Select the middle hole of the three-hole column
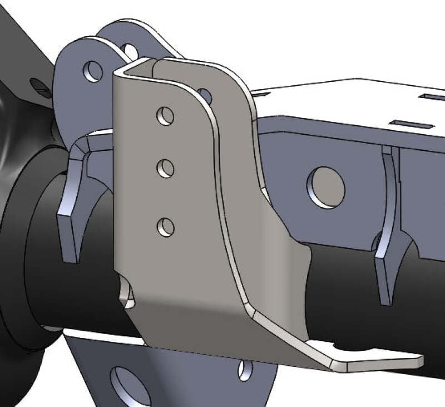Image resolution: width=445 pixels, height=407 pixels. pyautogui.click(x=165, y=168)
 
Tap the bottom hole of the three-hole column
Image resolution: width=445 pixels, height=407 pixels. pyautogui.click(x=165, y=227)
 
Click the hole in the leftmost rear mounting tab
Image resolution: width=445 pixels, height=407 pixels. pyautogui.click(x=93, y=71)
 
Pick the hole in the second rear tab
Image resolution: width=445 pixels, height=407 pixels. pyautogui.click(x=131, y=52)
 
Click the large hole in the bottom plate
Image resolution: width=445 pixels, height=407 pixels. pyautogui.click(x=130, y=385)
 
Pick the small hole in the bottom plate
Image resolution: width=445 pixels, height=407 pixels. pyautogui.click(x=245, y=371)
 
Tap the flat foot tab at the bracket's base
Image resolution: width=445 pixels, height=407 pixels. pyautogui.click(x=378, y=359)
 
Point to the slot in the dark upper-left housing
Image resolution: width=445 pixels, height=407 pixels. pyautogui.click(x=40, y=85)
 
